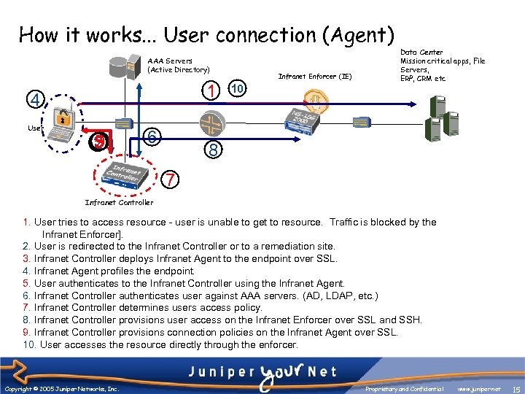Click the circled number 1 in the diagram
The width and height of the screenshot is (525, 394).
(211, 91)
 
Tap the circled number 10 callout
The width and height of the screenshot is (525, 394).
(237, 89)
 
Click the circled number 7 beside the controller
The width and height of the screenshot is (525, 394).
(168, 179)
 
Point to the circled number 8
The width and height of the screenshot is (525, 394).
(211, 150)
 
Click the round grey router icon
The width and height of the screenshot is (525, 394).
(212, 121)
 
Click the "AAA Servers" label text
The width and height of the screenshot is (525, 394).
(170, 61)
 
